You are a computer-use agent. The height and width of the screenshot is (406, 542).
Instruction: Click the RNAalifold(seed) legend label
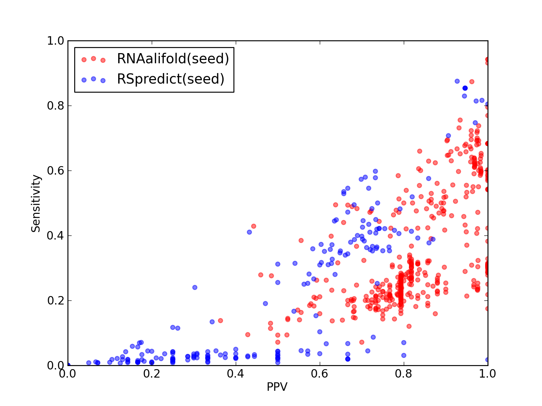click(x=173, y=59)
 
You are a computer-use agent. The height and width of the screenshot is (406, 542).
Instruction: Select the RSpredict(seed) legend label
click(x=170, y=79)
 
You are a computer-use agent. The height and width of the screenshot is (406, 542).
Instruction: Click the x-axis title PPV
click(x=277, y=387)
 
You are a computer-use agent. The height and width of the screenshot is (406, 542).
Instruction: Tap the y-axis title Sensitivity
click(x=36, y=203)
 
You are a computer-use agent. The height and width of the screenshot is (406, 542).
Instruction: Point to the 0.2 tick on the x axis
click(x=152, y=374)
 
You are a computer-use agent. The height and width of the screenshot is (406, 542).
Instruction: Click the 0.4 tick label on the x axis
click(x=235, y=374)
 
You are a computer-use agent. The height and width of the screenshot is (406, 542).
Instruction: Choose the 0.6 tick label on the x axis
click(x=319, y=374)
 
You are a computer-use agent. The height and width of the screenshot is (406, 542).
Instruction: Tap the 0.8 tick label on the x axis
click(x=403, y=374)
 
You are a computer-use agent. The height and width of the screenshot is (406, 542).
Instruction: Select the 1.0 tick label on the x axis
click(x=487, y=374)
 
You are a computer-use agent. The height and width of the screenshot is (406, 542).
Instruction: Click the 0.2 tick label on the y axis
click(x=56, y=300)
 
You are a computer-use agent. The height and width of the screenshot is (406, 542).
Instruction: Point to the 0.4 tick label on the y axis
click(x=56, y=236)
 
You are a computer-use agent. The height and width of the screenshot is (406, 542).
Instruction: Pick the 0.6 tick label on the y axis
click(x=56, y=171)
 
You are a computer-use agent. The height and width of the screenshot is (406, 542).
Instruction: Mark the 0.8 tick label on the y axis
click(x=56, y=106)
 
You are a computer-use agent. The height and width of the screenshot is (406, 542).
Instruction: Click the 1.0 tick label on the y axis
click(x=56, y=41)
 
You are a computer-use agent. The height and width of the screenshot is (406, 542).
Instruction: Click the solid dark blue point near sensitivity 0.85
click(x=465, y=88)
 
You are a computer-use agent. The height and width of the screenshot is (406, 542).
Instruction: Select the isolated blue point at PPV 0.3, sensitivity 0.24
click(x=195, y=288)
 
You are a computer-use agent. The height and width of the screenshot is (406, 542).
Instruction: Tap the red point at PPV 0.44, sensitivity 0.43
click(x=254, y=226)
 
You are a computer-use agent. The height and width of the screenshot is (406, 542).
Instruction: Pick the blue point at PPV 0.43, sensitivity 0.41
click(x=249, y=232)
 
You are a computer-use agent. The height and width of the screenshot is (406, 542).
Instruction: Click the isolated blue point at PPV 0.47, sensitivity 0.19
click(x=266, y=303)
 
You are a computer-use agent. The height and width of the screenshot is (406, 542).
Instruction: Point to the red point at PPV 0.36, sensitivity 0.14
click(x=221, y=321)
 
